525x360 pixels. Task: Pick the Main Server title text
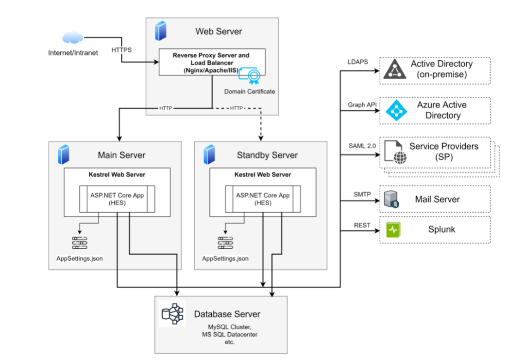point(121,155)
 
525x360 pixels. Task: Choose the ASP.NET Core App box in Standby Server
point(263,199)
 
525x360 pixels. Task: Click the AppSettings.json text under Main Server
point(79,258)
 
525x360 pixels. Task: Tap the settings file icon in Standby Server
point(225,243)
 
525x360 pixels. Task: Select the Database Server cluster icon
point(173,313)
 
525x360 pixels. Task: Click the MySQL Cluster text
point(223,327)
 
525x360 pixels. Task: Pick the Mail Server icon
point(392,199)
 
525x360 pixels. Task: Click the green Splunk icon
point(392,230)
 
